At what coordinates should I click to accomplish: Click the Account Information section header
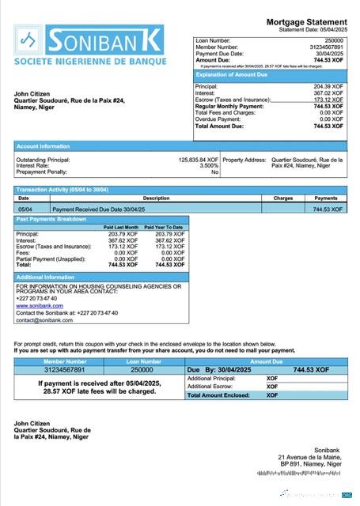click(44, 146)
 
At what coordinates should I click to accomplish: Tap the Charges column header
click(282, 198)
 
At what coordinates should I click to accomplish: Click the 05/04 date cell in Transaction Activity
click(24, 209)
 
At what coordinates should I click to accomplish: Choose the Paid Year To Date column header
click(164, 228)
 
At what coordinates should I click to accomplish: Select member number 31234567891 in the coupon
click(54, 369)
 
